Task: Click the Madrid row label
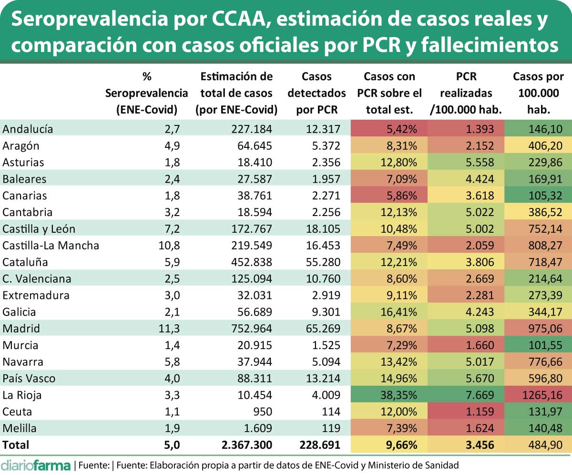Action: [21, 329]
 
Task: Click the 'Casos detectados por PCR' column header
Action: [317, 93]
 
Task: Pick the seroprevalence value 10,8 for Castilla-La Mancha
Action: [170, 245]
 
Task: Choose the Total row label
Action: [16, 445]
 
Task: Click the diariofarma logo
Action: [36, 465]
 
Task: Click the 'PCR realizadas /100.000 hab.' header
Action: [466, 93]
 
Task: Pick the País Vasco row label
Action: [29, 379]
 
